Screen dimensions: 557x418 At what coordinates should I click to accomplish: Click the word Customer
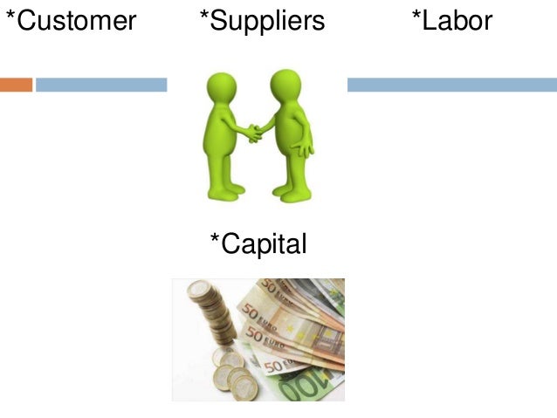pos(76,21)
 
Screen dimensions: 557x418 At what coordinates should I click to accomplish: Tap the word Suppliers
pos(267,22)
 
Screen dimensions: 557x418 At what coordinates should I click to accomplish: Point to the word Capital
pos(264,244)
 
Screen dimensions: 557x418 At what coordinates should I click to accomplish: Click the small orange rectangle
pos(16,85)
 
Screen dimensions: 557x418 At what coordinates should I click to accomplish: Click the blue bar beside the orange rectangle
pos(100,85)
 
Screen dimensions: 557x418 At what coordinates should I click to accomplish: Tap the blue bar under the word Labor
pos(451,85)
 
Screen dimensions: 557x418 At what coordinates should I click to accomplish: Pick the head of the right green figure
pos(285,86)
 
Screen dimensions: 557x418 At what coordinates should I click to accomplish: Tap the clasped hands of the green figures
pos(254,133)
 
